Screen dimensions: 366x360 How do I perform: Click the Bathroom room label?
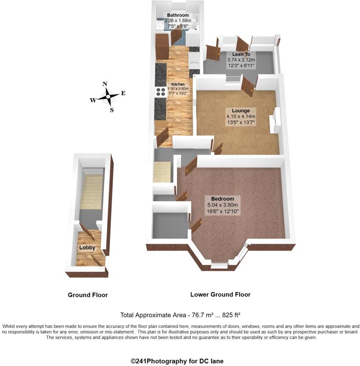(x=178, y=15)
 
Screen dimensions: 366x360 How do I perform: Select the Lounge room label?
(x=241, y=110)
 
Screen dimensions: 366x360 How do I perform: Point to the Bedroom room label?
(x=222, y=199)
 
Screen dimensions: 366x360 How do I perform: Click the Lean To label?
(x=241, y=54)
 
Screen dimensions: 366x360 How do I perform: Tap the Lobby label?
(x=87, y=248)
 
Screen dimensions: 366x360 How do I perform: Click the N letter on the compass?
(x=105, y=84)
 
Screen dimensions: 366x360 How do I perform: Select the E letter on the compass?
(x=123, y=93)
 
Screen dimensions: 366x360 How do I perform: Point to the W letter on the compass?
(x=93, y=100)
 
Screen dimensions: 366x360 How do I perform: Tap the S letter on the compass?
(x=112, y=110)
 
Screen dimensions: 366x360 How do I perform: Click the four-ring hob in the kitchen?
(x=161, y=92)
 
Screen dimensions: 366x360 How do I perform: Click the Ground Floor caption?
(x=88, y=295)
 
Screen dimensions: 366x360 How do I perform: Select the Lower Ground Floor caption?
(x=220, y=295)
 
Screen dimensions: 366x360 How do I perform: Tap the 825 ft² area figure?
(x=231, y=315)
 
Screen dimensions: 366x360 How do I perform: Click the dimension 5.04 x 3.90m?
(x=222, y=205)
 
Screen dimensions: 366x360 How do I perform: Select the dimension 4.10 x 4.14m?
(x=241, y=117)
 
